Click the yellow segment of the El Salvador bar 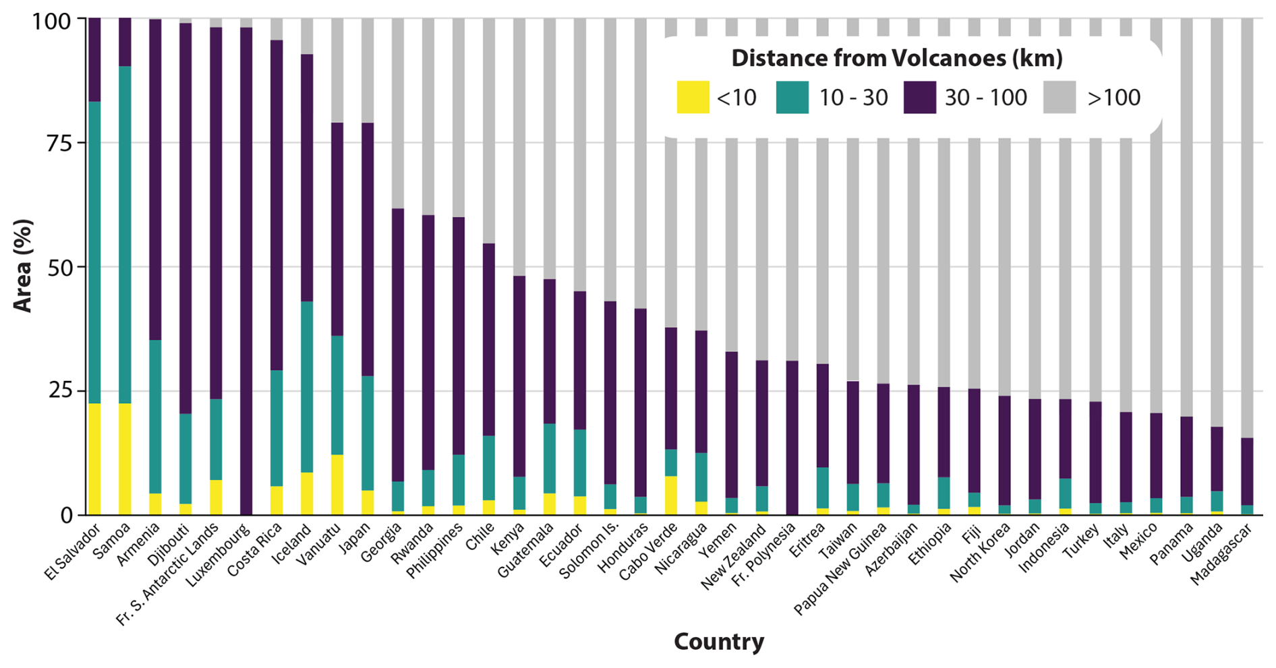(94, 459)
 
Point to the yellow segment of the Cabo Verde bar (670, 495)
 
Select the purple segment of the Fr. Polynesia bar (792, 437)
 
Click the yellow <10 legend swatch (693, 97)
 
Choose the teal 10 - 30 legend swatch (792, 97)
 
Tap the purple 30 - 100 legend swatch (919, 97)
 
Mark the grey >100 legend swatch (1059, 97)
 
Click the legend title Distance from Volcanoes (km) (896, 59)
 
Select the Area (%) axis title (23, 266)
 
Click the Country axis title (718, 641)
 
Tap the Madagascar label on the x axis (1221, 554)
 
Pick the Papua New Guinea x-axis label (840, 569)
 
